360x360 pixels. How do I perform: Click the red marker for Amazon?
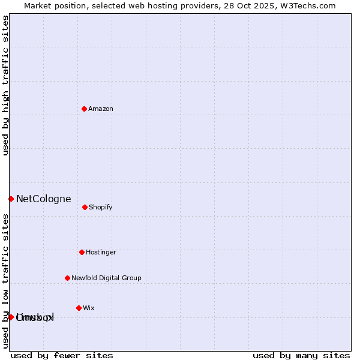click(84, 109)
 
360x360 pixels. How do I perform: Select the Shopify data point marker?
click(85, 207)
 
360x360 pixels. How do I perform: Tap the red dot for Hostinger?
click(82, 252)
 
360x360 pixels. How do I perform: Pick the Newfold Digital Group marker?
click(67, 278)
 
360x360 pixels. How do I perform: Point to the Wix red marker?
click(79, 308)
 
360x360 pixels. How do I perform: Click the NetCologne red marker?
click(11, 199)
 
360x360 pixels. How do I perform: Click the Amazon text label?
click(101, 109)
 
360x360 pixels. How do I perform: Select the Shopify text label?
click(101, 208)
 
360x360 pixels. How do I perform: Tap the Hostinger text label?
click(101, 253)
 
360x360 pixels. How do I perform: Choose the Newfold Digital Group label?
click(106, 278)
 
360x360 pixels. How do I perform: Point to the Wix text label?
click(89, 308)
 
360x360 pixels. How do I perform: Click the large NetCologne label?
click(44, 199)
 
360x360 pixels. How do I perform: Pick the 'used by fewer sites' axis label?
click(62, 356)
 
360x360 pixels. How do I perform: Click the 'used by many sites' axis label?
click(301, 356)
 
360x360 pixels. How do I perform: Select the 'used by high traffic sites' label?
click(6, 85)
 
